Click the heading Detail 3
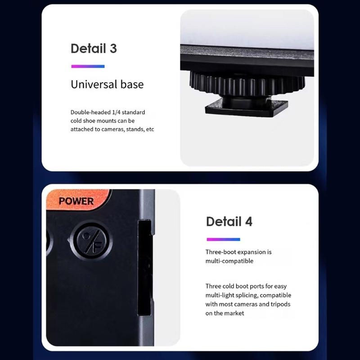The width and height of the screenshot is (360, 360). coord(94,49)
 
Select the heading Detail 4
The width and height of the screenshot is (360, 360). coord(229,221)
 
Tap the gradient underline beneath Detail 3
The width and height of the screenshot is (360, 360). coord(88,67)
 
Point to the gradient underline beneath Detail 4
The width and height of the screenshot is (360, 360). coord(223,239)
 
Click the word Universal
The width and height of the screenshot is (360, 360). coord(91,84)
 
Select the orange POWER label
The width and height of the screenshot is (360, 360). coord(76,201)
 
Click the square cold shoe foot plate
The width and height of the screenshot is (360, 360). coord(247,108)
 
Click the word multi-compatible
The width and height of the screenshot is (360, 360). coord(229,261)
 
